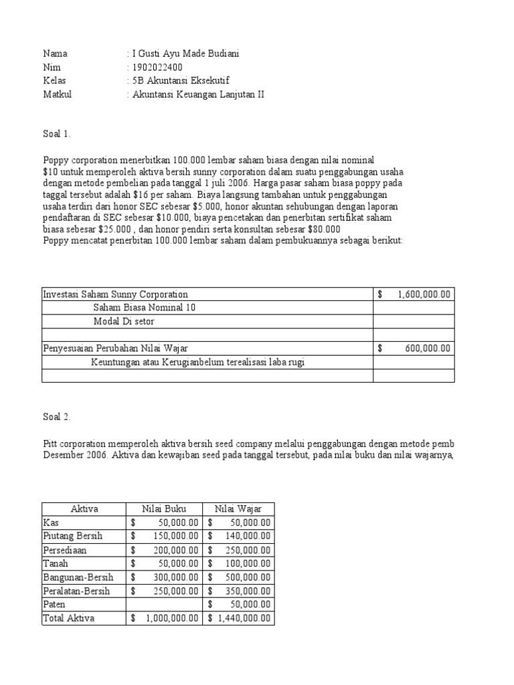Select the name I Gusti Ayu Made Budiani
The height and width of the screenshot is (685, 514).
pos(185,54)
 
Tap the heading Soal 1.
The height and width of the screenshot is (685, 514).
pos(57,134)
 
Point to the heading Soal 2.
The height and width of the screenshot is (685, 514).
pos(57,417)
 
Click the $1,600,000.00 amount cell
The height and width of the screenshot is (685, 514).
pos(414,294)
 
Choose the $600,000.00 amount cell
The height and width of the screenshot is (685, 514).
pos(414,349)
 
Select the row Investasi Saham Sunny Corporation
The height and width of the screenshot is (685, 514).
pos(116,294)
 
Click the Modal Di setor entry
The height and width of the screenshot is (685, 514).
pos(124,322)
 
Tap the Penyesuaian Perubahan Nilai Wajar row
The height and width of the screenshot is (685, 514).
pos(116,349)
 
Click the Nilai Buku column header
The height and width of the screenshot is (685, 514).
pos(165,509)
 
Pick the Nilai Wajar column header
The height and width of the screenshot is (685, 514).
pos(238,509)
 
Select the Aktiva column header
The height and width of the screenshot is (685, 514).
pos(84,509)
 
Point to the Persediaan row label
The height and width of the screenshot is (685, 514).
pos(65,550)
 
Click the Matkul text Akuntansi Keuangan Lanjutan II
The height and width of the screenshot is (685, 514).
pos(198,94)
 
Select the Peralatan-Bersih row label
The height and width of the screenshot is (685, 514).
pos(76,591)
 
